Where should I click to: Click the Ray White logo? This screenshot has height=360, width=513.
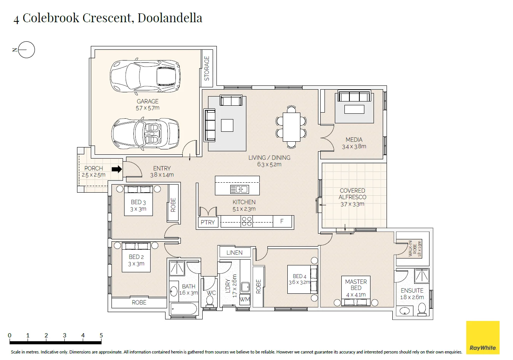pyautogui.click(x=483, y=337)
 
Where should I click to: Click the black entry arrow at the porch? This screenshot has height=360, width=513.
pyautogui.click(x=117, y=169)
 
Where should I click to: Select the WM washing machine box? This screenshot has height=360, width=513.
pyautogui.click(x=244, y=299)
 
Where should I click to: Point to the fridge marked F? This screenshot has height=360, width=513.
pyautogui.click(x=282, y=221)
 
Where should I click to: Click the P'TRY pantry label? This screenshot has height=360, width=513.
pyautogui.click(x=208, y=222)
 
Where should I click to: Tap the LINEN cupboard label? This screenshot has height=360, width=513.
pyautogui.click(x=234, y=253)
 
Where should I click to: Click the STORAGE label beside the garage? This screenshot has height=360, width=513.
pyautogui.click(x=207, y=69)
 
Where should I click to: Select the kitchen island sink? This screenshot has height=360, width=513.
pyautogui.click(x=239, y=190)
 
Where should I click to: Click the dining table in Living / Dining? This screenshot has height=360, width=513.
pyautogui.click(x=291, y=127)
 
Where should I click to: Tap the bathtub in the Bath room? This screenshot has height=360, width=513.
pyautogui.click(x=184, y=309)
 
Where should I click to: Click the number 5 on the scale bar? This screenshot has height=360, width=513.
pyautogui.click(x=101, y=335)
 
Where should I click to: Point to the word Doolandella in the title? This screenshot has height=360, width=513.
pyautogui.click(x=170, y=18)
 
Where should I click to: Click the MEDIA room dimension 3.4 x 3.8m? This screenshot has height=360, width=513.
pyautogui.click(x=354, y=146)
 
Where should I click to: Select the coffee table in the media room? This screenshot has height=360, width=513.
pyautogui.click(x=354, y=109)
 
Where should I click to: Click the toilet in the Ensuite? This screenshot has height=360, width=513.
pyautogui.click(x=422, y=309)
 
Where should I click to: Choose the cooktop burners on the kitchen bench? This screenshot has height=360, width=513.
pyautogui.click(x=247, y=221)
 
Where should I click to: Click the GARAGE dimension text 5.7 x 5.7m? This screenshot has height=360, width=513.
pyautogui.click(x=148, y=108)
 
